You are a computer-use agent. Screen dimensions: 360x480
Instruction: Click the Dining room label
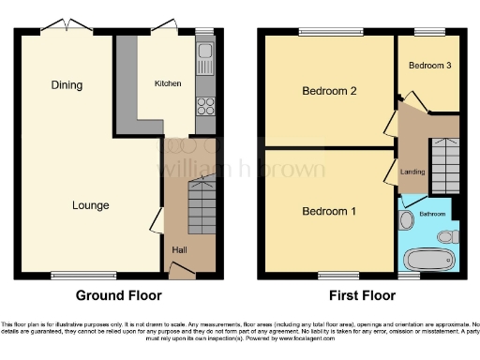[67, 85]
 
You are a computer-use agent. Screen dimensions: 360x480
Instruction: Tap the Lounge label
[92, 205]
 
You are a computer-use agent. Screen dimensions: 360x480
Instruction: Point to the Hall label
[178, 249]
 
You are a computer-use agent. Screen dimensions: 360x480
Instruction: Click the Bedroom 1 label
[329, 211]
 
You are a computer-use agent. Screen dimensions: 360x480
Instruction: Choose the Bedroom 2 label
[329, 91]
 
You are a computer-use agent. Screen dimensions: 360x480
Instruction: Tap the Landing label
[412, 172]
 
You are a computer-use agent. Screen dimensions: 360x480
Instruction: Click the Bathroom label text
[432, 214]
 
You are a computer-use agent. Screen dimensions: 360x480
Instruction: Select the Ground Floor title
[118, 295]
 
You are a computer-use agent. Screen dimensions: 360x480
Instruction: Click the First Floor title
[358, 295]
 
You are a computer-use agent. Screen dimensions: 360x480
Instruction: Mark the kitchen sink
[205, 64]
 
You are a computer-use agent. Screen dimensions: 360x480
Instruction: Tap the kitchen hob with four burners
[205, 106]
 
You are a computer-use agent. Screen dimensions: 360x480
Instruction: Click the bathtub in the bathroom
[430, 259]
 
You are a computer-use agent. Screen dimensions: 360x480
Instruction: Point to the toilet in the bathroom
[448, 236]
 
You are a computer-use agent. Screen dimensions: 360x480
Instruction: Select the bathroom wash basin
[407, 221]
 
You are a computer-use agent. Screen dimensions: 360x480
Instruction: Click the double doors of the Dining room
[67, 25]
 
